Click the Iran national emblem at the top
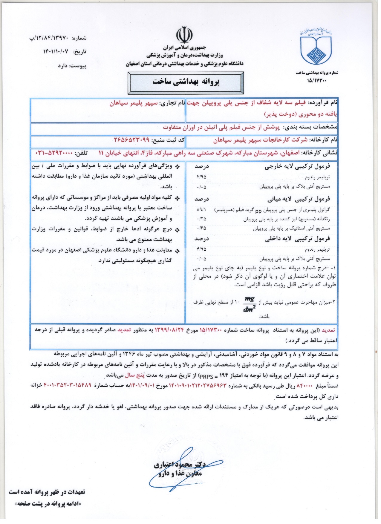(184, 35)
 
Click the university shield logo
(316, 48)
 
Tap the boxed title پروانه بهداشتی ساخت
(186, 82)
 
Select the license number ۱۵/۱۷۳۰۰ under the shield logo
(317, 80)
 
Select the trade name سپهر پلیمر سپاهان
(133, 103)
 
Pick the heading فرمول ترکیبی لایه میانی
(299, 199)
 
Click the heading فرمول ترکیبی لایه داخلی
(297, 239)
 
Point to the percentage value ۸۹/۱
(201, 210)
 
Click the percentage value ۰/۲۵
(201, 219)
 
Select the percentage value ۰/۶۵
(201, 228)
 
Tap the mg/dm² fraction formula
(250, 304)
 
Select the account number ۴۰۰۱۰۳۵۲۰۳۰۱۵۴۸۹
(68, 386)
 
